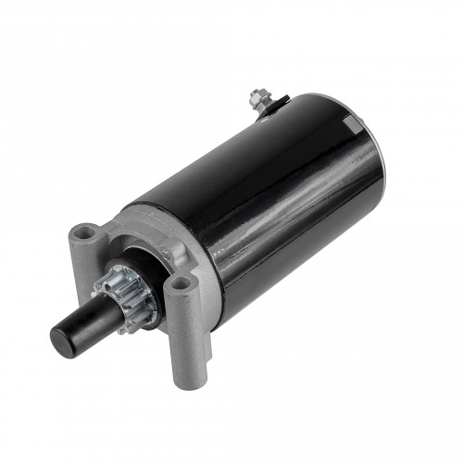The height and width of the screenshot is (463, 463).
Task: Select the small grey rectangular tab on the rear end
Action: [349, 125]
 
